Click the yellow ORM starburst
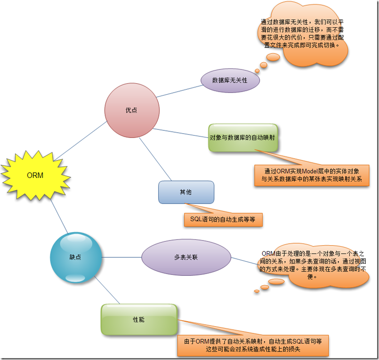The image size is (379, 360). (x=35, y=176)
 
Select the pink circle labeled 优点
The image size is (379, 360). (x=131, y=111)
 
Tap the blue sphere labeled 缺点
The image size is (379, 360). (x=75, y=257)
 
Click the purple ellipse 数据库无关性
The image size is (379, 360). (x=230, y=80)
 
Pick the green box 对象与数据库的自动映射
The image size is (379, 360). (x=242, y=138)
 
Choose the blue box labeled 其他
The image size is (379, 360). (x=186, y=192)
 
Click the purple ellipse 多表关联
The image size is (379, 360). (x=186, y=257)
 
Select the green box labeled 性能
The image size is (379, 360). (x=139, y=320)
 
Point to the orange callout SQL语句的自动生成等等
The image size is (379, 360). (x=223, y=220)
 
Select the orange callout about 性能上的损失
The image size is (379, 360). (x=253, y=345)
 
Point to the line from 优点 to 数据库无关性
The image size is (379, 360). (x=179, y=91)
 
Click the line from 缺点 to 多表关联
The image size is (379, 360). (x=121, y=257)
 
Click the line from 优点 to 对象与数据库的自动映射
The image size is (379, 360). (x=180, y=132)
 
